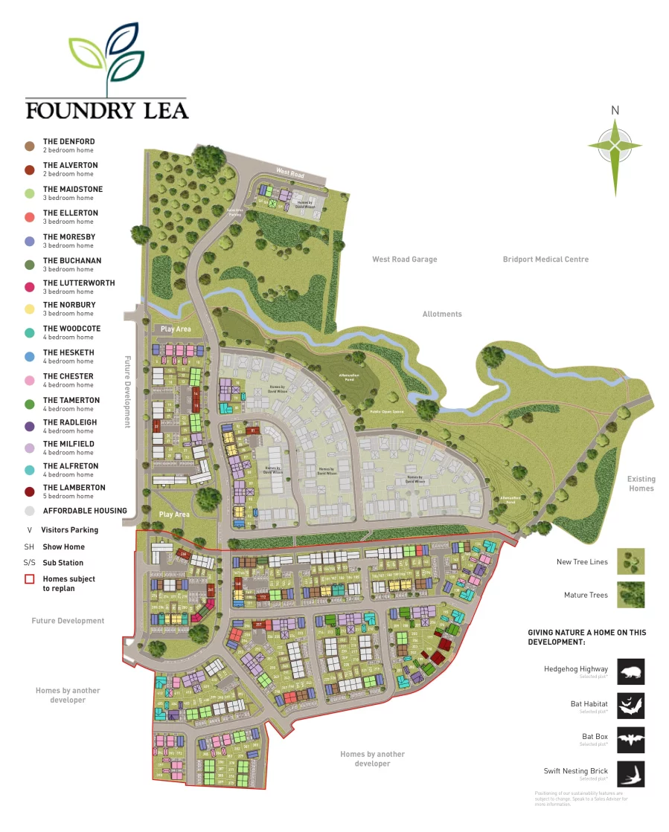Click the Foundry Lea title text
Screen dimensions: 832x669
[106, 110]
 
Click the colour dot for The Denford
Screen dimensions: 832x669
[29, 146]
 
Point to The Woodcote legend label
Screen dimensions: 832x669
[71, 329]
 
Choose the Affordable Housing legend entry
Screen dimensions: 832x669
[84, 511]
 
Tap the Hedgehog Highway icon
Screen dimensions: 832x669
[630, 671]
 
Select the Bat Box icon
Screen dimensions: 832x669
[630, 740]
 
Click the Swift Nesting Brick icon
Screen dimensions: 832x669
[630, 774]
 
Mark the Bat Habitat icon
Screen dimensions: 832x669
[630, 706]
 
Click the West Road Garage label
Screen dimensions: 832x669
[404, 259]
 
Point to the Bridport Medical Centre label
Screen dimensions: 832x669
[545, 259]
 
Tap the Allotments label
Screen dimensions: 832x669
[442, 314]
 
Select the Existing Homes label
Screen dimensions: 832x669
[641, 484]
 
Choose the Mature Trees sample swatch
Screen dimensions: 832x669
[630, 595]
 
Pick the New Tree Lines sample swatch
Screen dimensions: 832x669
[630, 561]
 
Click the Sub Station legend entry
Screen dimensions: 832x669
[63, 563]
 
